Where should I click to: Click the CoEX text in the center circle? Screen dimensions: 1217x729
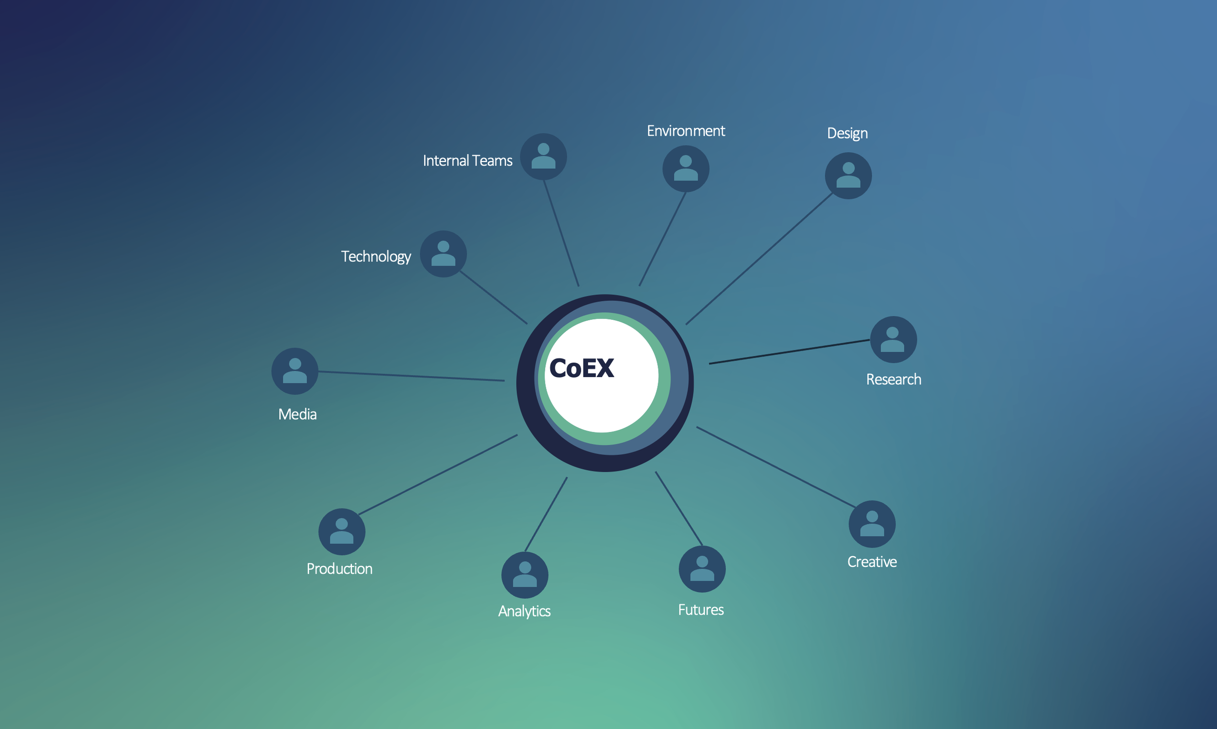click(581, 368)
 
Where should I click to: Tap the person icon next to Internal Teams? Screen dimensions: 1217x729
click(543, 157)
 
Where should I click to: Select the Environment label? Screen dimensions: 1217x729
click(685, 131)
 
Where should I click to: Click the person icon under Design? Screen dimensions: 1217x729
click(848, 176)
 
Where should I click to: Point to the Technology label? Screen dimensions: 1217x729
click(376, 256)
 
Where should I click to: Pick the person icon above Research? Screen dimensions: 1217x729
click(893, 340)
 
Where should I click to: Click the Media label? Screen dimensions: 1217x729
click(297, 414)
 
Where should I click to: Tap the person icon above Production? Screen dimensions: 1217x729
click(341, 531)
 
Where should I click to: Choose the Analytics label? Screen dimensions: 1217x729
click(524, 611)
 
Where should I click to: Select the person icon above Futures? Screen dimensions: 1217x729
click(702, 569)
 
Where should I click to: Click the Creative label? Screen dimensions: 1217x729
click(871, 562)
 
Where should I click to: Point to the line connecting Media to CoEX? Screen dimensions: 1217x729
click(411, 376)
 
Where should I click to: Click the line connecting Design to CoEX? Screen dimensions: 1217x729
click(759, 258)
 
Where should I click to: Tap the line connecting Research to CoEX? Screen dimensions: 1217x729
click(789, 352)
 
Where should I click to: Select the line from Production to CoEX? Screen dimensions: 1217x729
click(438, 474)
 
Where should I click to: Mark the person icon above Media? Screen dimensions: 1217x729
click(295, 371)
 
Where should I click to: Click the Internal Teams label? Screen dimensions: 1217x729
click(467, 161)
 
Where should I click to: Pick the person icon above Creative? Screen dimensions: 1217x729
click(871, 524)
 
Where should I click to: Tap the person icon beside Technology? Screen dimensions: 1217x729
click(443, 254)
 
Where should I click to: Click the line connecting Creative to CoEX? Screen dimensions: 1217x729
click(776, 467)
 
